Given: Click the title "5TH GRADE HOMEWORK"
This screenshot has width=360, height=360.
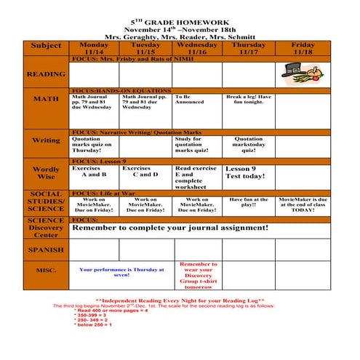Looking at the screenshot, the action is [x=179, y=23].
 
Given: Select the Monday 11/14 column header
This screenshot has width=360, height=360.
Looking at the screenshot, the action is [x=94, y=49].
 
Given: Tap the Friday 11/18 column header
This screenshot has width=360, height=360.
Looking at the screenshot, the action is [x=303, y=49].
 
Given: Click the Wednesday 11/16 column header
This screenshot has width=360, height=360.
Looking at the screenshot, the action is [x=197, y=49].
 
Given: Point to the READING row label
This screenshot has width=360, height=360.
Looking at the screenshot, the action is [x=46, y=74].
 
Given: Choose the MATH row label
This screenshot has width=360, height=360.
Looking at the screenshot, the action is [x=46, y=99].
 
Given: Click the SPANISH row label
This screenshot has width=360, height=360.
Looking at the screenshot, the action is [x=46, y=249].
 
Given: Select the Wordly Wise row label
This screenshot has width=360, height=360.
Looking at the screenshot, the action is [x=46, y=172].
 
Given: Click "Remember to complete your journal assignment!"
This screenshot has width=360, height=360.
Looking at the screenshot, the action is [x=170, y=228].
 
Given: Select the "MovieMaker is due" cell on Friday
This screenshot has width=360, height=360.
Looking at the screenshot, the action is [x=303, y=204].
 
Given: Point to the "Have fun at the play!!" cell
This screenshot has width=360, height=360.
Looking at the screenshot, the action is [x=249, y=202].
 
